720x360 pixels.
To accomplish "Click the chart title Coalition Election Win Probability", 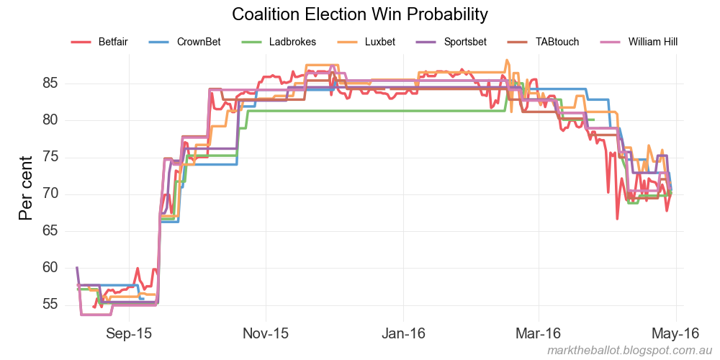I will pyautogui.click(x=360, y=14).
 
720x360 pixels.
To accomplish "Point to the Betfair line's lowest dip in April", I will pyautogui.click(x=617, y=218).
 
